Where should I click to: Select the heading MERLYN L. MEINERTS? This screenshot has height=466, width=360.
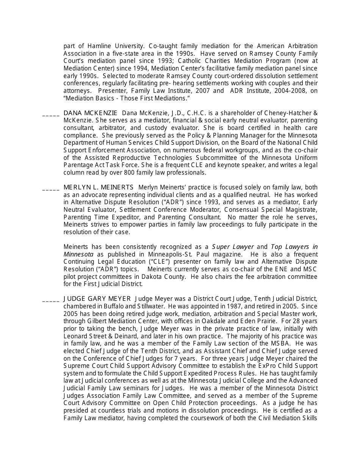[x=99, y=188]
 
